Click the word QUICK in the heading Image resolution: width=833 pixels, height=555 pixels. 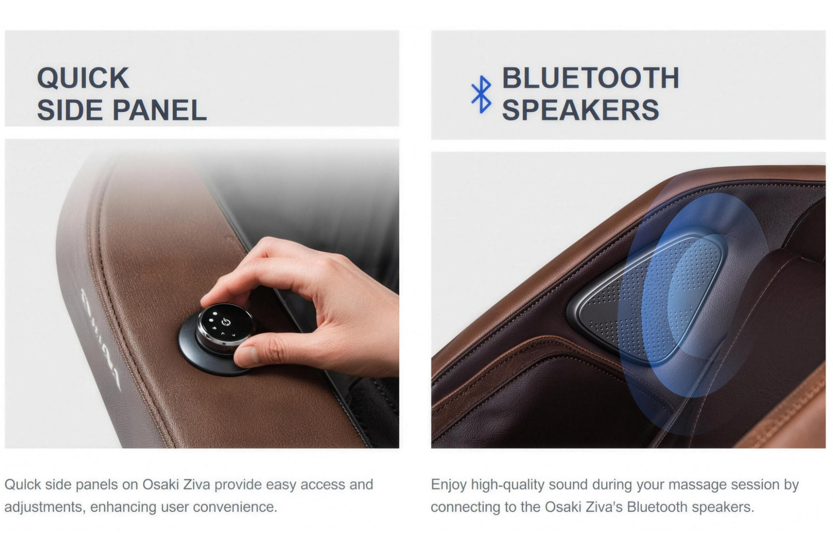click(x=83, y=78)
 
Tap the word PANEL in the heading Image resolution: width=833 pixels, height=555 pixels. click(x=159, y=110)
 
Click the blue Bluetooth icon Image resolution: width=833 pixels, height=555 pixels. click(x=481, y=95)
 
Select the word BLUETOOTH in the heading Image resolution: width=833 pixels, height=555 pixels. click(x=590, y=78)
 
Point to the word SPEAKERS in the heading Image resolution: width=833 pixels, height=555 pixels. click(x=580, y=110)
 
